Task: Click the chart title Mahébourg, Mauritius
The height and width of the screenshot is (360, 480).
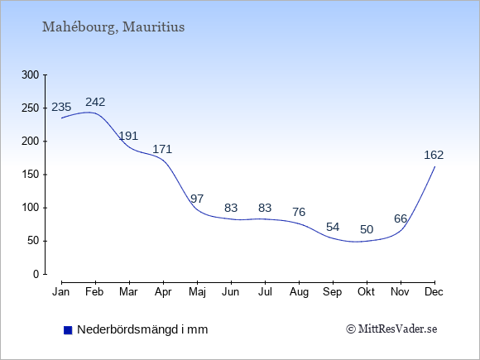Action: [x=113, y=27]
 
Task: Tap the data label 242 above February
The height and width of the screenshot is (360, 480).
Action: [x=95, y=102]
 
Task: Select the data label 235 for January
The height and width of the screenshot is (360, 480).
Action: [x=61, y=107]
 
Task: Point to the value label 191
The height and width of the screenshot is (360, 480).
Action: [x=128, y=136]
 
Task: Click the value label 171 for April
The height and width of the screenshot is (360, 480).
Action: [x=162, y=149]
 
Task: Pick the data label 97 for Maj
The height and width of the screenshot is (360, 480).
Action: [x=197, y=199]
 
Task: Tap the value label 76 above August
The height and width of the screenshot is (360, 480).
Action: [x=299, y=212]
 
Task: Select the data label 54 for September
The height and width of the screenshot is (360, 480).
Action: [x=333, y=227]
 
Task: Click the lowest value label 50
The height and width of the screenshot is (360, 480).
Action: [x=367, y=229]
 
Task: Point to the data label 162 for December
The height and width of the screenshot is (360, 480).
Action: [x=434, y=156]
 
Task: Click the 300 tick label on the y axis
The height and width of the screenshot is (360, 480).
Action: [x=31, y=74]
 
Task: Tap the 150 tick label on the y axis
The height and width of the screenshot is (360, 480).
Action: [x=31, y=175]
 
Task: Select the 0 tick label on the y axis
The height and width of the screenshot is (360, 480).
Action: [x=36, y=274]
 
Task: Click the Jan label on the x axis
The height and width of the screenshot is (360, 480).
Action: [x=61, y=292]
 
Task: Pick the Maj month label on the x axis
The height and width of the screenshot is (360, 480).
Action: [x=197, y=292]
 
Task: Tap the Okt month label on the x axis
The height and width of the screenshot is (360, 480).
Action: [x=366, y=292]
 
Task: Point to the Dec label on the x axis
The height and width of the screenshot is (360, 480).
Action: [x=434, y=292]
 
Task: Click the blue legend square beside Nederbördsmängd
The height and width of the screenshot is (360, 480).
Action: [x=68, y=330]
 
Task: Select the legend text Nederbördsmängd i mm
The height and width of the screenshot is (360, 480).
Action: [x=142, y=329]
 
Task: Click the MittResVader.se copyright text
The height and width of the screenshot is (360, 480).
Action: [x=391, y=329]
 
